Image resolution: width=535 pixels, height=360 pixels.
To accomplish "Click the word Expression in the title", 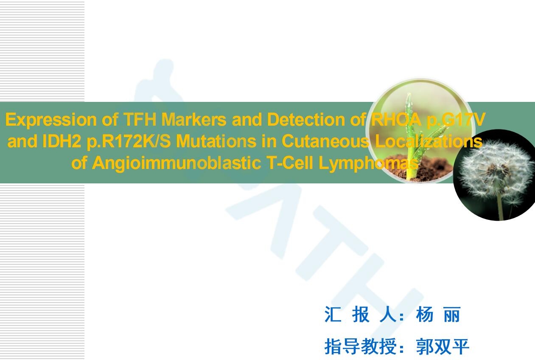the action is click(x=50, y=120).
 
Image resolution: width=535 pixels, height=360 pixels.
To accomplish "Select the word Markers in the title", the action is click(x=194, y=119).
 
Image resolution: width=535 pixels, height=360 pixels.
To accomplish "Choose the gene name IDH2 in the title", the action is click(x=62, y=141).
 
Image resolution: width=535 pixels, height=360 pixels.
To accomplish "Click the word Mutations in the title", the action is click(x=216, y=141).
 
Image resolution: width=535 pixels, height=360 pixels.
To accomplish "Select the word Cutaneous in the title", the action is click(x=325, y=141).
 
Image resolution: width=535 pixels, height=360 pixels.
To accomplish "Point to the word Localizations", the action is click(x=429, y=141).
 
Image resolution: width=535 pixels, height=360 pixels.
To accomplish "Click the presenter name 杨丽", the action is click(x=438, y=315).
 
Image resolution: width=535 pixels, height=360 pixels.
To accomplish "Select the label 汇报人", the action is click(x=361, y=315).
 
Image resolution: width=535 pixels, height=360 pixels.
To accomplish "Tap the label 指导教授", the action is click(x=360, y=346).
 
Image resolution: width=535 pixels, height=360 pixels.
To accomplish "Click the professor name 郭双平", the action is click(x=443, y=346).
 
